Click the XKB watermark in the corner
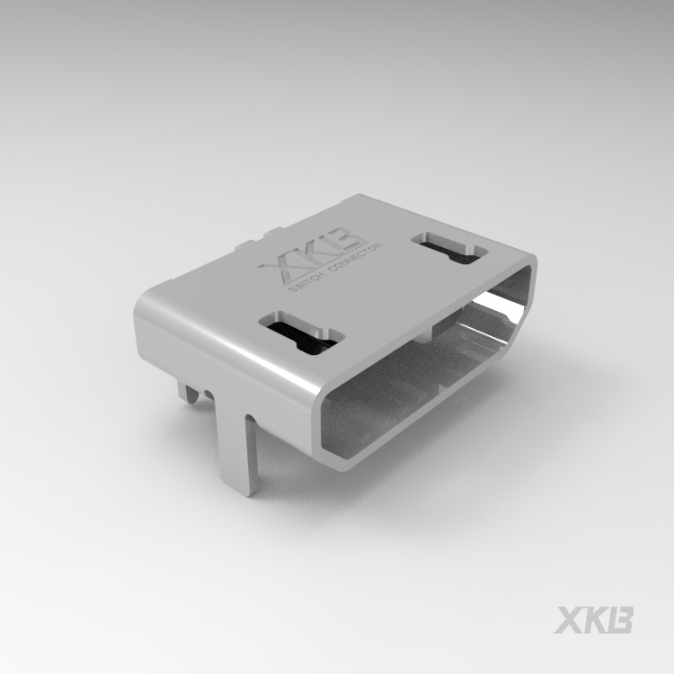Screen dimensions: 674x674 [x=594, y=620]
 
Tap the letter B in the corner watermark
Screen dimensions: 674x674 [x=620, y=620]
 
